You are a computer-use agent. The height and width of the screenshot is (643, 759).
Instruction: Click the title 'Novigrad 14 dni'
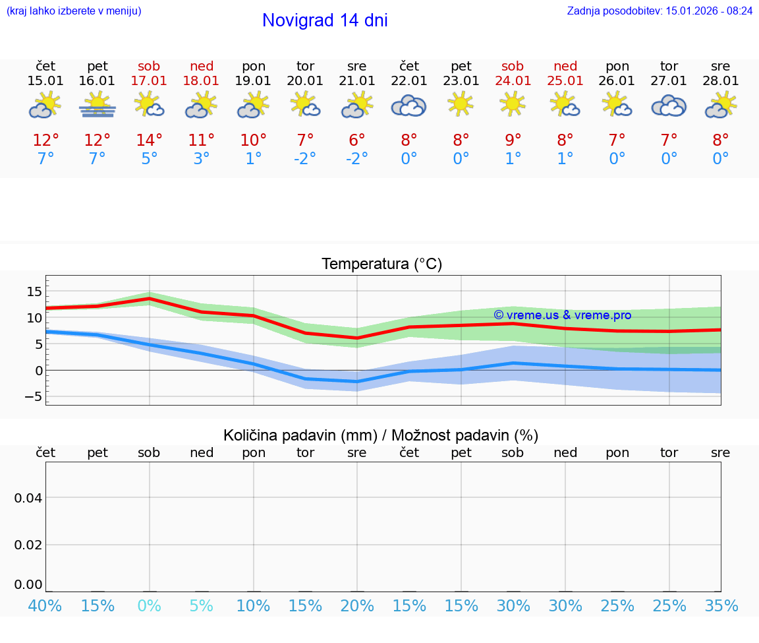(325, 20)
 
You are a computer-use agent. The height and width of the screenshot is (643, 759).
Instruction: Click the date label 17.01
(149, 80)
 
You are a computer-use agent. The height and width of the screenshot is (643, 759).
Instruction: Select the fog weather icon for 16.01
(98, 106)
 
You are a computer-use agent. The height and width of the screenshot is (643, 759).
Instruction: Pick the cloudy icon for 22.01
(409, 106)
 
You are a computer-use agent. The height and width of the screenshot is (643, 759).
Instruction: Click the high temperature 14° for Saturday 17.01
(149, 140)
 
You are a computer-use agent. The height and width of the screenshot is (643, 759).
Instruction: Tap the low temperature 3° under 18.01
(201, 159)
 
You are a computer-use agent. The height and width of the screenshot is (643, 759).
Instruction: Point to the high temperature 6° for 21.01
(357, 140)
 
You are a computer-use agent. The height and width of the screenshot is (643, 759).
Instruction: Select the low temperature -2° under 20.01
(305, 159)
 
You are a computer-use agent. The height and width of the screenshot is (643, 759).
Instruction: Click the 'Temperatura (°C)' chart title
(381, 264)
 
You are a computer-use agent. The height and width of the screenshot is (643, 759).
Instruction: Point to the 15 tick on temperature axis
(34, 291)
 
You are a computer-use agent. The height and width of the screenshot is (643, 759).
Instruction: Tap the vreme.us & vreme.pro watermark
(562, 315)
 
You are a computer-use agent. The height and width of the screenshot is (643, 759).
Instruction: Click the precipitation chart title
(381, 435)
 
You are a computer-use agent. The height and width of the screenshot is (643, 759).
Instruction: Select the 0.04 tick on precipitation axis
(28, 498)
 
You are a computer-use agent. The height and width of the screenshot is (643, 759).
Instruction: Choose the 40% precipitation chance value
(45, 605)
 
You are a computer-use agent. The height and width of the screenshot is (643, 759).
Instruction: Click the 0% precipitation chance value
(149, 605)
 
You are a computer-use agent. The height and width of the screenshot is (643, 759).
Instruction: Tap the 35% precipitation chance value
(721, 605)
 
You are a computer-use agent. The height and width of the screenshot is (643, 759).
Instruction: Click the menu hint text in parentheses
(74, 11)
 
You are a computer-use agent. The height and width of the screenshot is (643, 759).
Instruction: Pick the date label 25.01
(565, 80)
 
